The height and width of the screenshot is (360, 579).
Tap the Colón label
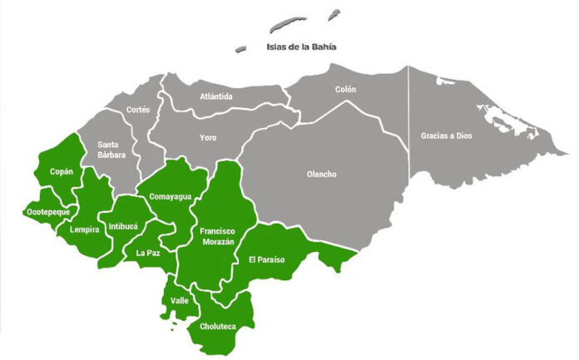click(345, 89)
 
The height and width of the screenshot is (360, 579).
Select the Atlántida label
click(216, 96)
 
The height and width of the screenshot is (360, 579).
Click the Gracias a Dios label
click(446, 135)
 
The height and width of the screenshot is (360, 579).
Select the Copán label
click(62, 172)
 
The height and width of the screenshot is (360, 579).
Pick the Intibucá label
click(124, 225)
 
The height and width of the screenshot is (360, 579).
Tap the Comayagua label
click(171, 196)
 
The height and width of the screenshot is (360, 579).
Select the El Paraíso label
click(266, 259)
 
